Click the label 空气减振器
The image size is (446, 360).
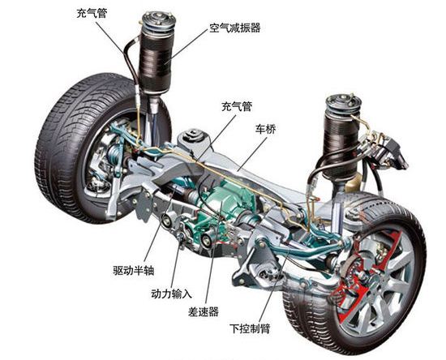[x=235, y=28]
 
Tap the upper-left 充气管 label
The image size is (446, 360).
[x=92, y=13]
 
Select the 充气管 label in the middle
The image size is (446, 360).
[x=237, y=107]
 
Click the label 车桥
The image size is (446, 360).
[x=265, y=130]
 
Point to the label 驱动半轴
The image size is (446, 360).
[x=134, y=270]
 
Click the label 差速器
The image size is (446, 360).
[x=203, y=312]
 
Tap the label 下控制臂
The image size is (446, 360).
[x=250, y=328]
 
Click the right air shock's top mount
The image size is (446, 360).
[x=343, y=104]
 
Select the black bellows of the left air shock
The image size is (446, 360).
[x=156, y=62]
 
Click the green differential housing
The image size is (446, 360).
[x=228, y=199]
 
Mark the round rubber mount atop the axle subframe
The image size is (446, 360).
[x=195, y=135]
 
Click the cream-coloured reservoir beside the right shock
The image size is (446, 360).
[x=354, y=182]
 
